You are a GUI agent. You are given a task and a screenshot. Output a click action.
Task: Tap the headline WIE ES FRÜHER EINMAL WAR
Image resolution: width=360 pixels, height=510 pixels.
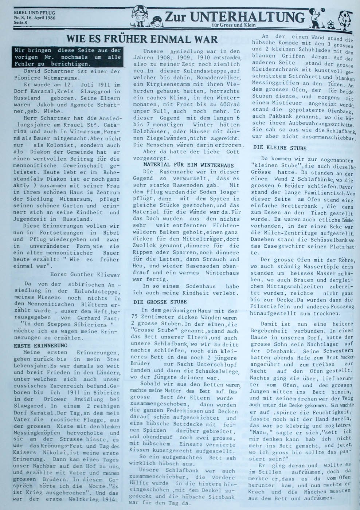click(142, 39)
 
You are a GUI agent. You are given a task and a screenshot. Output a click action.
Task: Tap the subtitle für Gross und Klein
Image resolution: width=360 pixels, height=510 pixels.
click(234, 25)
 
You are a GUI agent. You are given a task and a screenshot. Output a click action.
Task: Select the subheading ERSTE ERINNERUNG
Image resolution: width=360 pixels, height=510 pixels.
click(40, 345)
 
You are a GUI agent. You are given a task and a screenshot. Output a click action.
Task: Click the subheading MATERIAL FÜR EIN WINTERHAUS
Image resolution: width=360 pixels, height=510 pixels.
click(189, 165)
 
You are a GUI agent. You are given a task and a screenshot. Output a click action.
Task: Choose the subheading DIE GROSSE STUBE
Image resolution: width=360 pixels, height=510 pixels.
click(160, 302)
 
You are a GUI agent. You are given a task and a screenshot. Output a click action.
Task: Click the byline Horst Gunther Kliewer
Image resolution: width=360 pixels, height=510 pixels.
click(85, 274)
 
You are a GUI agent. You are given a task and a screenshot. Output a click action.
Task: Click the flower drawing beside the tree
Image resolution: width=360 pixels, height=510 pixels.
click(330, 24)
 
